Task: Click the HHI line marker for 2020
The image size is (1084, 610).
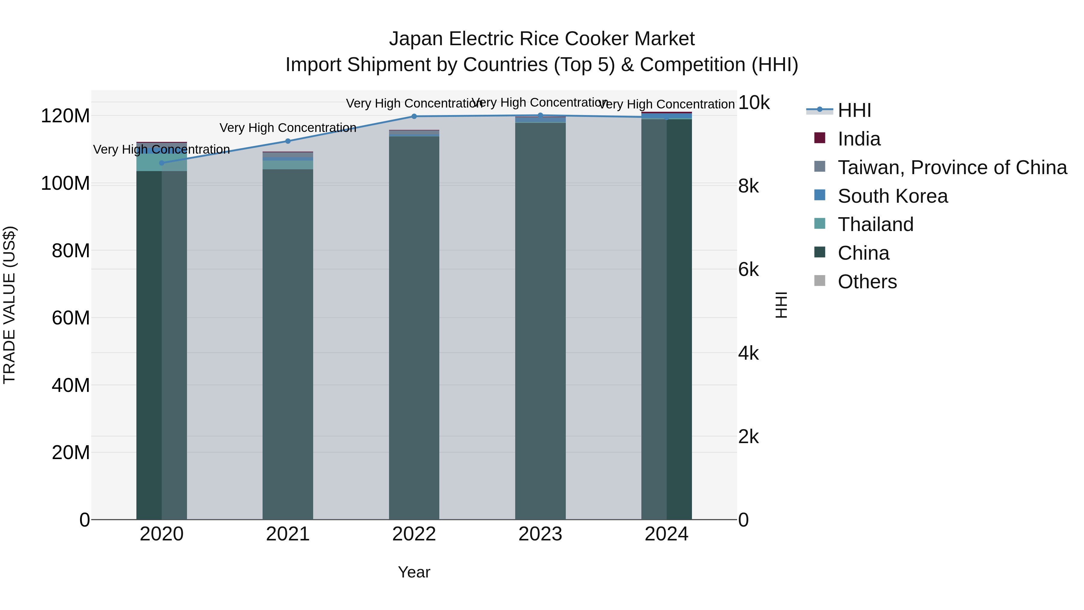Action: coord(162,163)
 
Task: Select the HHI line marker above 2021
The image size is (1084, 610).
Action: coord(288,141)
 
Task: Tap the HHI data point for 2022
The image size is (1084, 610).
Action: coord(414,116)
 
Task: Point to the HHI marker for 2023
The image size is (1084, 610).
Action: coord(540,115)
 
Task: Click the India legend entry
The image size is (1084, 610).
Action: coord(858,139)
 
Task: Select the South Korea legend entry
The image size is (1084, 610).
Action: coord(892,196)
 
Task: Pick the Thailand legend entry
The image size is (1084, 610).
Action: coord(875,224)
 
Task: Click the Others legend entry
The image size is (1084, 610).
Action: coord(867,282)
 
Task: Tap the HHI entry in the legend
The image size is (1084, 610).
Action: coord(854,110)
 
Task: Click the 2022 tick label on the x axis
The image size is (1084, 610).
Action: coord(414,534)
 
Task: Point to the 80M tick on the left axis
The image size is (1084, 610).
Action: coord(71,251)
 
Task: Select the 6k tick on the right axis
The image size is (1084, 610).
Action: coord(749,270)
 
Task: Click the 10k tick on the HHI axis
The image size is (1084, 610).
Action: coord(754,103)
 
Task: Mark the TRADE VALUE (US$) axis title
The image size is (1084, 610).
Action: coord(9,305)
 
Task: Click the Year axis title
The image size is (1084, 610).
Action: coord(414,572)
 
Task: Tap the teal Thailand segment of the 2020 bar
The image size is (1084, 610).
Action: coord(162,162)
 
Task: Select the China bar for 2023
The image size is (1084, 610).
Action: coord(540,320)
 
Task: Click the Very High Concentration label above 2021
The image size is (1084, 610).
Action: coord(288,127)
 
